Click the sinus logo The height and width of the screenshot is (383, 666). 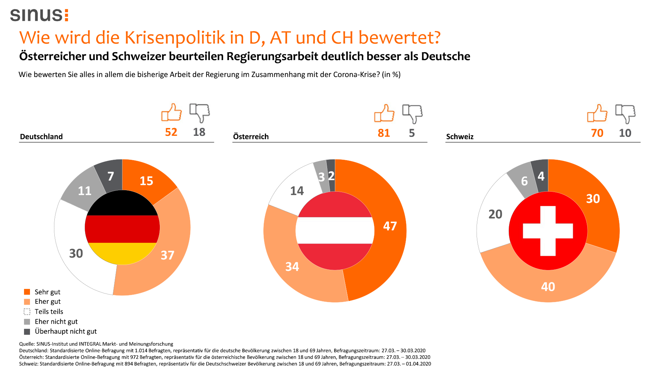(39, 15)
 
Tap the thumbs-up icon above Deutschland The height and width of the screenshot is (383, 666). (171, 112)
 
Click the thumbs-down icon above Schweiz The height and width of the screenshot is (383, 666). (625, 113)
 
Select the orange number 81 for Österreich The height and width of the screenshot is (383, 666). (384, 133)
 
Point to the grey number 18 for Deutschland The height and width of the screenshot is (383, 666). (199, 132)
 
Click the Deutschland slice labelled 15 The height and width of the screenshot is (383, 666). (147, 181)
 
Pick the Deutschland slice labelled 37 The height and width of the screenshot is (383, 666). (167, 255)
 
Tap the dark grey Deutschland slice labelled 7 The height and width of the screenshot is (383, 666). (110, 176)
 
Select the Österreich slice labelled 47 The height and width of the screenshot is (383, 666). (390, 226)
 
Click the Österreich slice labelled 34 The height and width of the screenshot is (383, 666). (292, 266)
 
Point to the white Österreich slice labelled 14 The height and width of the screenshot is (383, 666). (297, 191)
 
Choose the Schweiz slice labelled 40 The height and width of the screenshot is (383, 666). (548, 286)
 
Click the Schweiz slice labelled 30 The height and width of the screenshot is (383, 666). (593, 199)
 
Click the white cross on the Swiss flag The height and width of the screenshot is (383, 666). (548, 231)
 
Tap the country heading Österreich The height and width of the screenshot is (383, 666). (251, 137)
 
